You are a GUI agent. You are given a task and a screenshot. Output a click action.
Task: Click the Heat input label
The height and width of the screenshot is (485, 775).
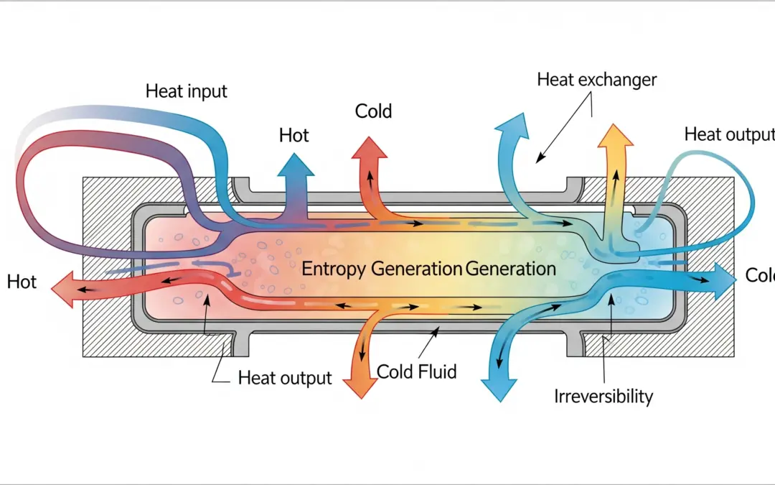(186, 91)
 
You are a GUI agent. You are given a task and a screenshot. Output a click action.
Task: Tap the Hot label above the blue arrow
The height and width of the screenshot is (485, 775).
(293, 135)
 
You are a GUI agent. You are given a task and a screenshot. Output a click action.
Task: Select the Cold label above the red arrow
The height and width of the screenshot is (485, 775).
(373, 111)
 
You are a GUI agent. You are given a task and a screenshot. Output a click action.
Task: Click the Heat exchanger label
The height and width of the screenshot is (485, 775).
(596, 79)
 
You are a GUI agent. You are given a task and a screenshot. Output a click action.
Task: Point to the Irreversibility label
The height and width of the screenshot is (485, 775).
(603, 395)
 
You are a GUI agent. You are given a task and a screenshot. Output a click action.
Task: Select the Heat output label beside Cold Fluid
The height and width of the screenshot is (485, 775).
(285, 378)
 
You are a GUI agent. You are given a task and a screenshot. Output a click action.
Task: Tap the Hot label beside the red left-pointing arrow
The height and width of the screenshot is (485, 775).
(22, 281)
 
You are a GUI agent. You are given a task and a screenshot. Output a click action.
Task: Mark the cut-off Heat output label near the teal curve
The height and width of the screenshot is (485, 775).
(728, 134)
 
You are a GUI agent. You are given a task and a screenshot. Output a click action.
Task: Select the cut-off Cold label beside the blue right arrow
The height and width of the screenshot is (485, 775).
(759, 275)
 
